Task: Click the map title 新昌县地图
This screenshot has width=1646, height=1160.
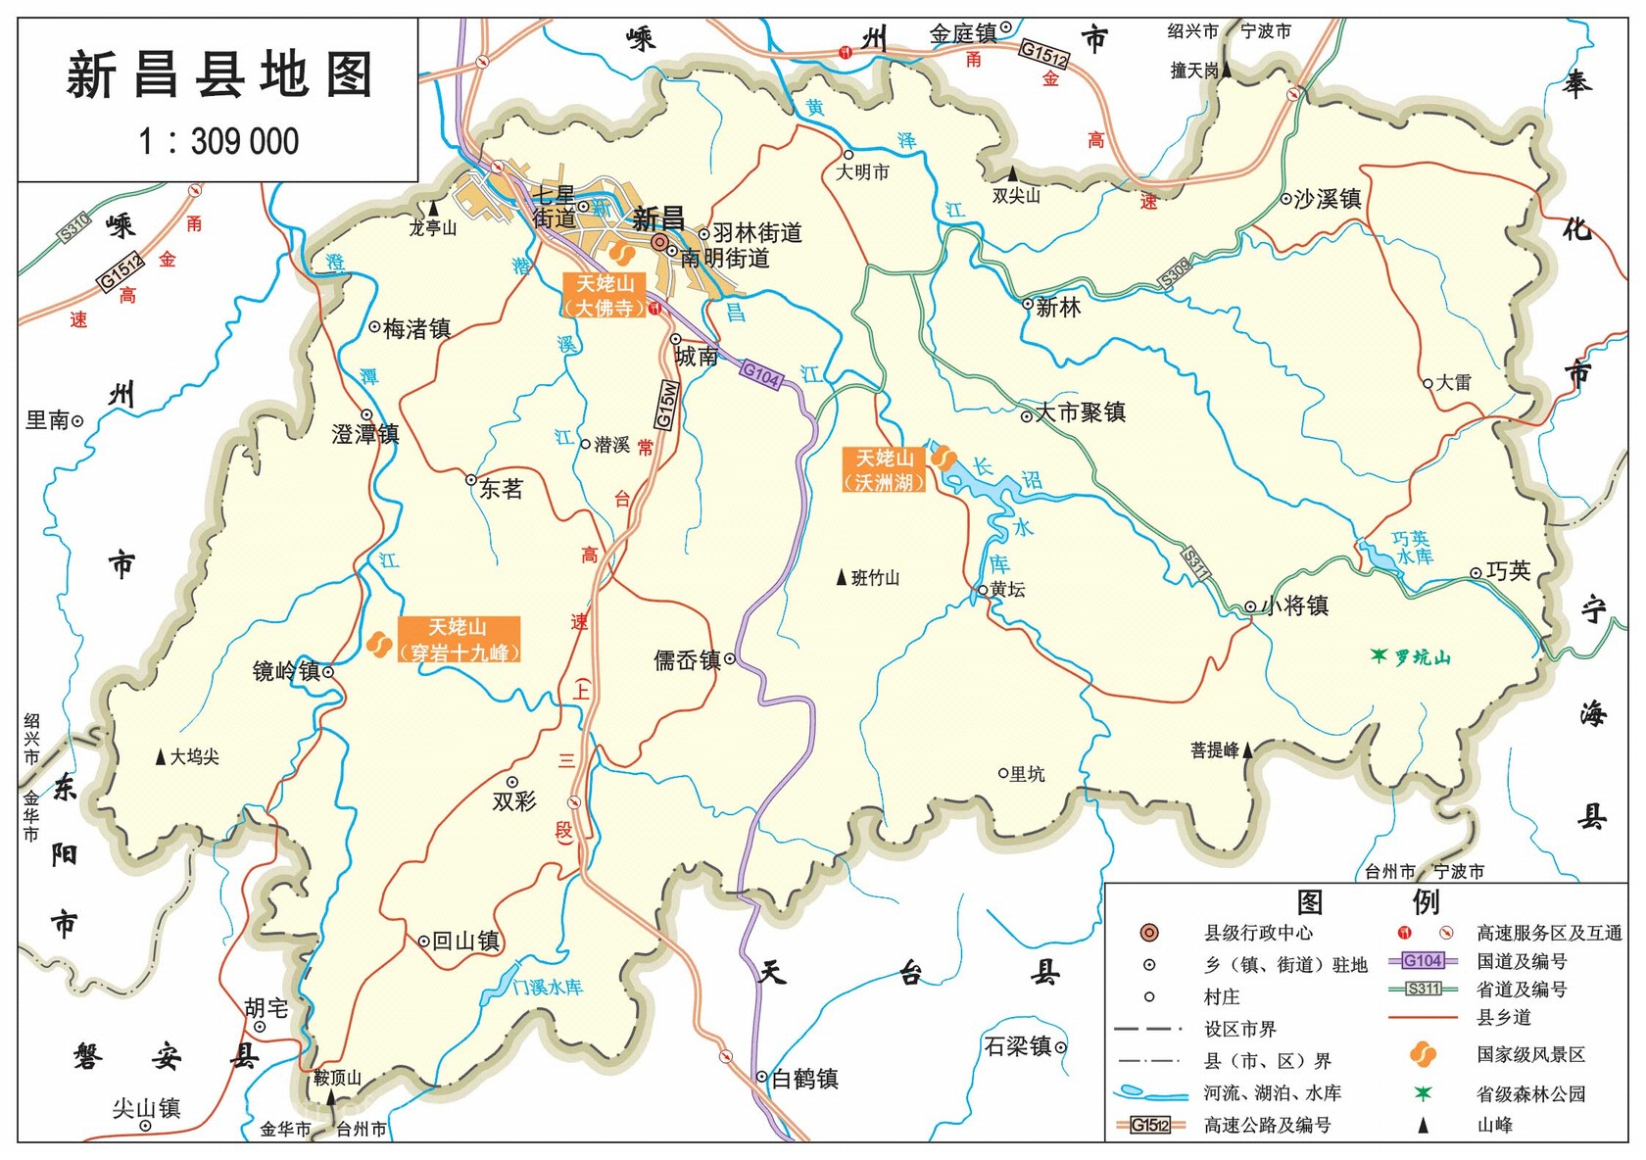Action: click(219, 76)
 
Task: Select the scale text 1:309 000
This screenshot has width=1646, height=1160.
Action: click(218, 142)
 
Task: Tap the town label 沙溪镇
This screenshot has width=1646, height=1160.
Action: click(1328, 200)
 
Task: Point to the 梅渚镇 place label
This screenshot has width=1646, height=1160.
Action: click(416, 329)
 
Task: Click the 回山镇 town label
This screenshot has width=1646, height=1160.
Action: click(465, 942)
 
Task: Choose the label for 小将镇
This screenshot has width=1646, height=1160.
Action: click(1295, 606)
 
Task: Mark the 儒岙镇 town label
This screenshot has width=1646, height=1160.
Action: click(688, 660)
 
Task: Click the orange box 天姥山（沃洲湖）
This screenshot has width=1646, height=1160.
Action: click(884, 470)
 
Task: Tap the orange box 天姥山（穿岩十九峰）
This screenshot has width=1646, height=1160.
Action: click(459, 640)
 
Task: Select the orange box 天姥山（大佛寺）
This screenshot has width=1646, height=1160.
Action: click(605, 295)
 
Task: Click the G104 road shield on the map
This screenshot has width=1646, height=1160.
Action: click(760, 374)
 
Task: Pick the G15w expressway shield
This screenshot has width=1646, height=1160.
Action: click(665, 405)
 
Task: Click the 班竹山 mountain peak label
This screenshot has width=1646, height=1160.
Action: click(875, 578)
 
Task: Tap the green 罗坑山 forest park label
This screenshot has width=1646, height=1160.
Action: click(1422, 657)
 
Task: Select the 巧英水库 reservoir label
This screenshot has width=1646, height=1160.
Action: click(1412, 548)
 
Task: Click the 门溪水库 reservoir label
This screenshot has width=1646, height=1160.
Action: click(547, 987)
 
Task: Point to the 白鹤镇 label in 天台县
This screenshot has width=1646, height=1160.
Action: click(804, 1079)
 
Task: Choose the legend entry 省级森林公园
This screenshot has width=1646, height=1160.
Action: click(1530, 1094)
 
